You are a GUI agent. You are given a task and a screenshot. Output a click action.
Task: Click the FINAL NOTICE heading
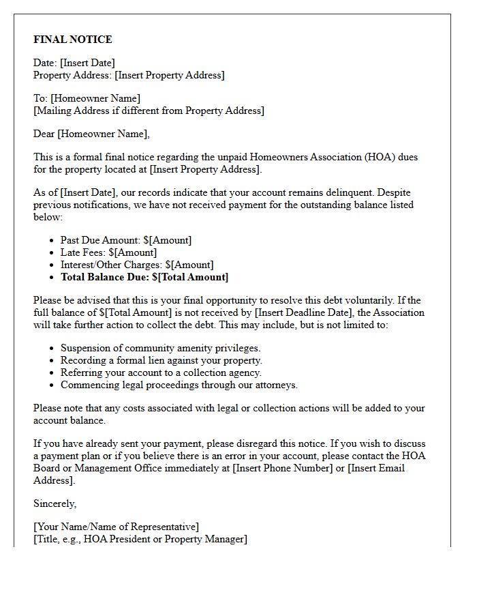click(73, 40)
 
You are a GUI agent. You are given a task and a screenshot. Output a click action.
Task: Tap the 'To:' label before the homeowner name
click(41, 98)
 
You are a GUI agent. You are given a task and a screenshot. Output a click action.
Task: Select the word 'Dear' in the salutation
click(44, 134)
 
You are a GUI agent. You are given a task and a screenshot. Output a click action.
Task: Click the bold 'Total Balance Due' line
click(144, 277)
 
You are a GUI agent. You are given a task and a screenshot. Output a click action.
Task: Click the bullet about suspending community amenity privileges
click(160, 348)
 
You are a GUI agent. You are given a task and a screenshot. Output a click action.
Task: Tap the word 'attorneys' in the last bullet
click(275, 385)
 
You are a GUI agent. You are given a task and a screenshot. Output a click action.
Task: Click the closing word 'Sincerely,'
click(55, 503)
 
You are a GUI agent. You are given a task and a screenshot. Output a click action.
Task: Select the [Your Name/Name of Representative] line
click(117, 527)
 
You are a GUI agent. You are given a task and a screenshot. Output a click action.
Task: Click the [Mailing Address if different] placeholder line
click(149, 111)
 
